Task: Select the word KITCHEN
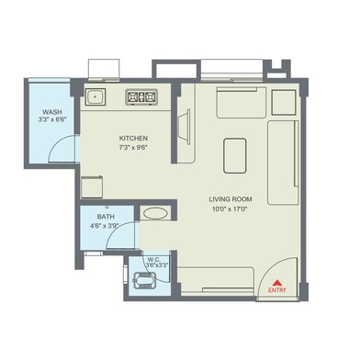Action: pos(133,139)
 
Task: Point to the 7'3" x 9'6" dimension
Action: pos(133,148)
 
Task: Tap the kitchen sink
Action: pos(95,95)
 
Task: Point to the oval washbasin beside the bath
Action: pos(155,213)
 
